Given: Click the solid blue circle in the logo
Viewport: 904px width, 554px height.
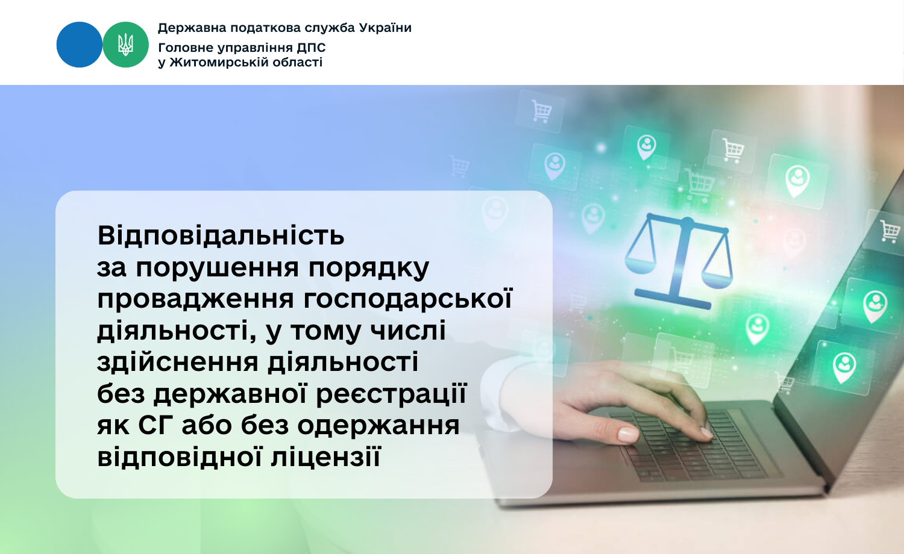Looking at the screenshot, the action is (x=80, y=45).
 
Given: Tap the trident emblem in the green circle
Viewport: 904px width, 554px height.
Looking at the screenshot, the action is (x=125, y=45).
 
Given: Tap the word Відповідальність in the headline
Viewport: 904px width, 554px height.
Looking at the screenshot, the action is (x=221, y=235).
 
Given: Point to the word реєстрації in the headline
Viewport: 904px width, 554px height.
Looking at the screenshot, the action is (x=391, y=394).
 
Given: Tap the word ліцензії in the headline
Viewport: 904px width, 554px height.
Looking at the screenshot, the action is (x=325, y=457).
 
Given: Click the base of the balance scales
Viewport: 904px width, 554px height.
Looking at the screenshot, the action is (x=673, y=299).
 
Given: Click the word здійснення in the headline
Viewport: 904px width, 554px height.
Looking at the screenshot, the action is (x=178, y=363).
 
